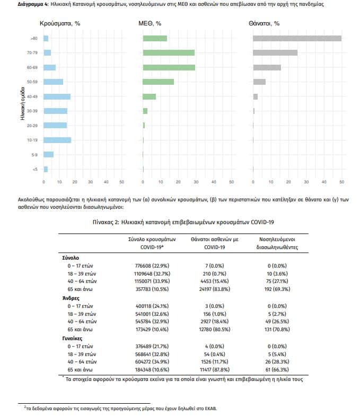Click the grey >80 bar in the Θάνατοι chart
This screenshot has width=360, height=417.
(297, 38)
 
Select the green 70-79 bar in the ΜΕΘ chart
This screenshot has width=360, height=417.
(169, 52)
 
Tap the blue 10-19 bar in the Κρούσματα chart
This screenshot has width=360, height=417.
(57, 140)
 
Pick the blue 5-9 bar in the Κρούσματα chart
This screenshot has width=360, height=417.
(48, 155)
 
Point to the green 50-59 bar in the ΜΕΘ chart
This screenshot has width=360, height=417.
(159, 82)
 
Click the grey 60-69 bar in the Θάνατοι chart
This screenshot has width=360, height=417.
(267, 67)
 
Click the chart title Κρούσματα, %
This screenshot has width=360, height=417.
(60, 23)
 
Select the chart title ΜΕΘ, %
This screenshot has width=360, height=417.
(150, 23)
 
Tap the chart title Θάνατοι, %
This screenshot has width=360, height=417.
(264, 23)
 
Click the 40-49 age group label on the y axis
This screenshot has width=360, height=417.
(32, 96)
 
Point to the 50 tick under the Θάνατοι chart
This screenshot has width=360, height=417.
(341, 182)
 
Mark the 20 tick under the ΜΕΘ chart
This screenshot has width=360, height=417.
(178, 182)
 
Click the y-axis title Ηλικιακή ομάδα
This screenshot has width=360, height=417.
(22, 103)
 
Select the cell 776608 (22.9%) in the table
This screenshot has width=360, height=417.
(152, 265)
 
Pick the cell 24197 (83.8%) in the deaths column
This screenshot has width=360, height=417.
(214, 289)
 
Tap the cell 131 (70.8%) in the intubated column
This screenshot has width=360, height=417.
(277, 329)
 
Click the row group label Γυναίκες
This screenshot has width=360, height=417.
(72, 339)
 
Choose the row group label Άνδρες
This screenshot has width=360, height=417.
(71, 298)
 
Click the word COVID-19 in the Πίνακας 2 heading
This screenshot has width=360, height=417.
(262, 222)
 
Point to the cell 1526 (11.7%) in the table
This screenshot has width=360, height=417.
(214, 362)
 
